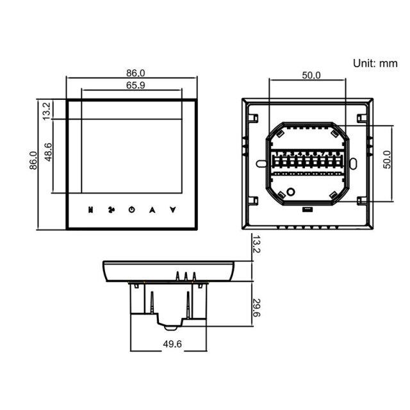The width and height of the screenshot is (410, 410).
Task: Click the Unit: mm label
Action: point(375,63)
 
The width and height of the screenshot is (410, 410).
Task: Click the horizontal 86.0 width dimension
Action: point(135,73)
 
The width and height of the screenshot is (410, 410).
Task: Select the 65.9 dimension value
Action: point(135,85)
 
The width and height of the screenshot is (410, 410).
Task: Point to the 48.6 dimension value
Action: point(48,152)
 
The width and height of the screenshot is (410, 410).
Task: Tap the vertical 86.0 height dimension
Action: point(33,161)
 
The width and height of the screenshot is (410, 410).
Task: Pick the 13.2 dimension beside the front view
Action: point(46,111)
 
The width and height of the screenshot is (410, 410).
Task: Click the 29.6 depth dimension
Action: point(256,307)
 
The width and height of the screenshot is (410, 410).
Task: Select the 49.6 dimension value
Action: point(172,344)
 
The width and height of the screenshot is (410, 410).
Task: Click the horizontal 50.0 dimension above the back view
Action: point(311,76)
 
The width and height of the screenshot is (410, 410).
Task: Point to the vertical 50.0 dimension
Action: point(387,160)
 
